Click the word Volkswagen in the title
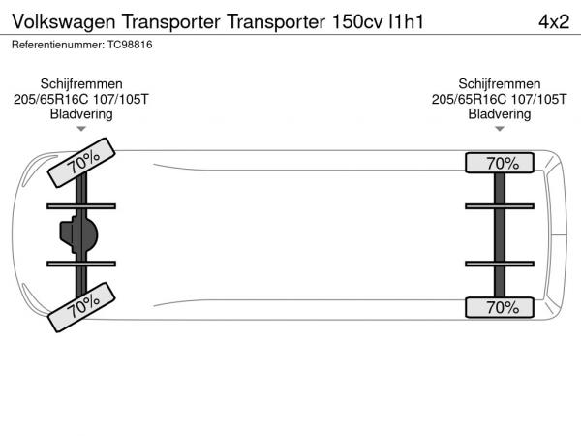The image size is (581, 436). point(64,22)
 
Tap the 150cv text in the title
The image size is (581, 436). point(357,22)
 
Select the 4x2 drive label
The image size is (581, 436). point(554,22)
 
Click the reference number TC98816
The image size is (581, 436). point(130,45)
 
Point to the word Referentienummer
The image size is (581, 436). point(58,45)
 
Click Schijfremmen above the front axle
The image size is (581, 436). point(81,83)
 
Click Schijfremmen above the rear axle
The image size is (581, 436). point(500,83)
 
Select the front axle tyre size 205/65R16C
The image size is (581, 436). point(51,99)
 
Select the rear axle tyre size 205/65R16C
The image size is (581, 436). point(469,99)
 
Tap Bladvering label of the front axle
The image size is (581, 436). point(81,114)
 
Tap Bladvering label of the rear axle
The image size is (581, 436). point(500,114)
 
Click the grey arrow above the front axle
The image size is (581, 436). point(81,129)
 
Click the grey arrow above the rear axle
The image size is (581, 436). point(500,129)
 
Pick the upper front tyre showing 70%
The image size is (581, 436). point(81,163)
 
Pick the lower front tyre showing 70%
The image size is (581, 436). point(81,307)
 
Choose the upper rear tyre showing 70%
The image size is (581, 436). point(500,163)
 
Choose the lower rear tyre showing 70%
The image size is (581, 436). point(500,307)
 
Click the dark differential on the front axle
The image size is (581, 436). point(79,234)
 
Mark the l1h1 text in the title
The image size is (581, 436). point(406,22)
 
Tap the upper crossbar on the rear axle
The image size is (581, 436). point(500,206)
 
